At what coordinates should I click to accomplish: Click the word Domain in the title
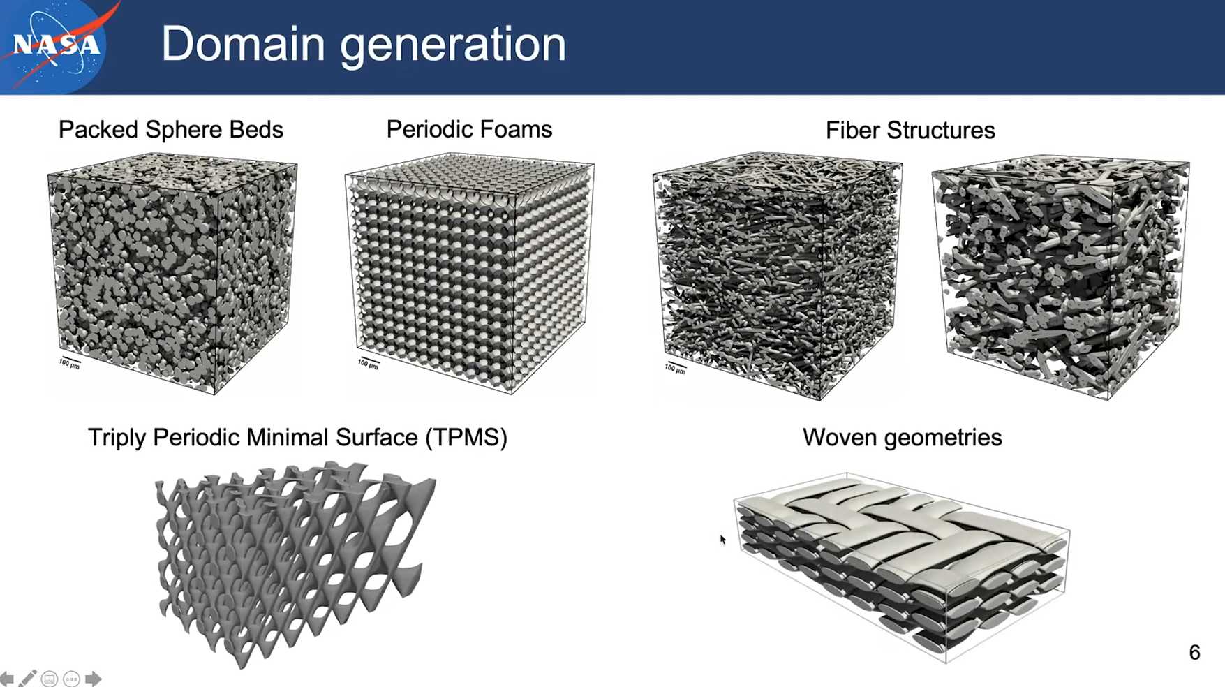pyautogui.click(x=244, y=43)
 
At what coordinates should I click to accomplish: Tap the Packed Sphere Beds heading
pyautogui.click(x=171, y=129)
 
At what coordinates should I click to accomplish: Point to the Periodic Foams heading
pyautogui.click(x=469, y=128)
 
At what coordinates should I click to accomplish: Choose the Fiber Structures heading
pyautogui.click(x=910, y=130)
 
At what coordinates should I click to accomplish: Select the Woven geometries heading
pyautogui.click(x=902, y=437)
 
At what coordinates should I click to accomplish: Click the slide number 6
pyautogui.click(x=1194, y=652)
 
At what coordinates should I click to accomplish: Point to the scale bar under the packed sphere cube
pyautogui.click(x=69, y=362)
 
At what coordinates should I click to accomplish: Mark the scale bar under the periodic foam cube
pyautogui.click(x=368, y=363)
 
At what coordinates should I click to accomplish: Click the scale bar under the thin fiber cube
pyautogui.click(x=675, y=367)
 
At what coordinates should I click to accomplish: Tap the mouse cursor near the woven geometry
pyautogui.click(x=723, y=540)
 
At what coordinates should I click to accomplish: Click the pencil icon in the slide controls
pyautogui.click(x=28, y=678)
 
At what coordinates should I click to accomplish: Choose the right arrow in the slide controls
pyautogui.click(x=94, y=679)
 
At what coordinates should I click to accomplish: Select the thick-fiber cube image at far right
pyautogui.click(x=1060, y=276)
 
